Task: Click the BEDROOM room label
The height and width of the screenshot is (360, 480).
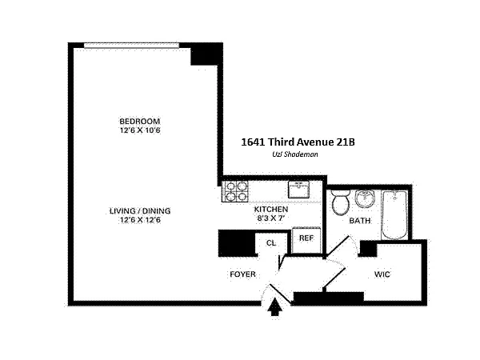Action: pos(139,121)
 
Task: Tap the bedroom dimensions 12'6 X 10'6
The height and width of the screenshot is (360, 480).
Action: pos(140,130)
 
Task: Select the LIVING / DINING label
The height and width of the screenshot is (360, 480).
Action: pos(140,211)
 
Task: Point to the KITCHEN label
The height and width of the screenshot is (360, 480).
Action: pos(271,210)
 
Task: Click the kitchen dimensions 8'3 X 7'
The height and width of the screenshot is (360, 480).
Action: pos(271,218)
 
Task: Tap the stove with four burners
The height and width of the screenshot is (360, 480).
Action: pos(235,192)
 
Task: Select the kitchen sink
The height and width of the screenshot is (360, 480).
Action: pos(298,189)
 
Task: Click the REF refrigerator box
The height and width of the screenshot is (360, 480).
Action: pos(306,240)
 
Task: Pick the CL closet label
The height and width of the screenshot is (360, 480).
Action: pos(271,243)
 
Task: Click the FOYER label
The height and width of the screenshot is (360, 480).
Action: pos(242,274)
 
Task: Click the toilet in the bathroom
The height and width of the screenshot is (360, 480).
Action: pos(341,202)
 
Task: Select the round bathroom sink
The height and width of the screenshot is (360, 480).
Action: pos(365,198)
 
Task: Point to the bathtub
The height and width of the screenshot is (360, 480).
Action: pos(395,215)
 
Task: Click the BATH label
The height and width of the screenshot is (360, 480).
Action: pos(360,221)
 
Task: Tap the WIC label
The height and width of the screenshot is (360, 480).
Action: pos(382,274)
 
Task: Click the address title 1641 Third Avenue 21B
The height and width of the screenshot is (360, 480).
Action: pos(298,142)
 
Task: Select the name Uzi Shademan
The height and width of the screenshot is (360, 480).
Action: pos(295,154)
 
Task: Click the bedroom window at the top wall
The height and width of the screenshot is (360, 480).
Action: pos(132,46)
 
